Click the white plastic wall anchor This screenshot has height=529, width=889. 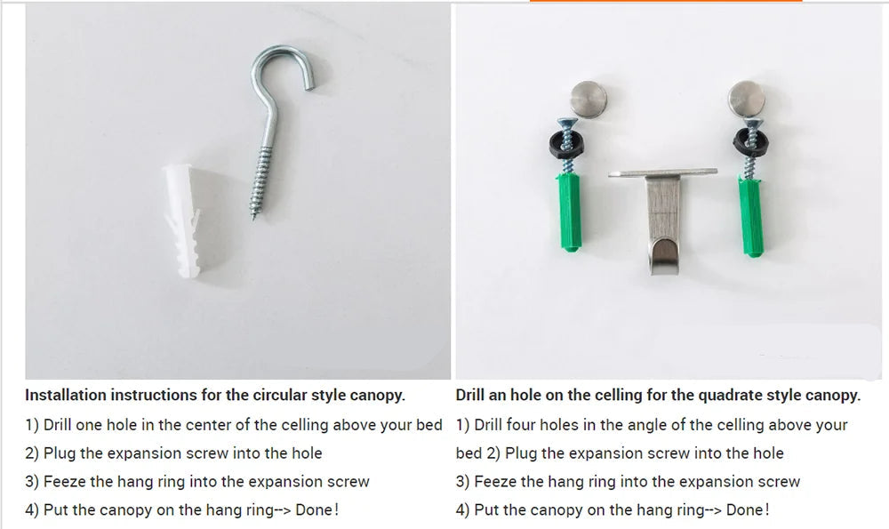click(181, 220)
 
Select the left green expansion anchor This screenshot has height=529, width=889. click(569, 212)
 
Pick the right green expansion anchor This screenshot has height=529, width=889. click(750, 217)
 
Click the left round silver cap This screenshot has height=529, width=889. click(589, 100)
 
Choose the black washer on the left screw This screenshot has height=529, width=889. click(565, 145)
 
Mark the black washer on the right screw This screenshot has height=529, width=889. click(750, 141)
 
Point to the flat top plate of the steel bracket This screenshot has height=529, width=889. click(663, 172)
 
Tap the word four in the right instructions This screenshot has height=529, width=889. click(520, 425)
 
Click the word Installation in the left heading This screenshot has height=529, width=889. click(65, 395)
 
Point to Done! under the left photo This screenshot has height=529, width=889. click(317, 509)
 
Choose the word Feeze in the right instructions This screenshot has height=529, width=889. click(495, 481)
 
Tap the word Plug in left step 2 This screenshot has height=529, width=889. click(60, 453)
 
